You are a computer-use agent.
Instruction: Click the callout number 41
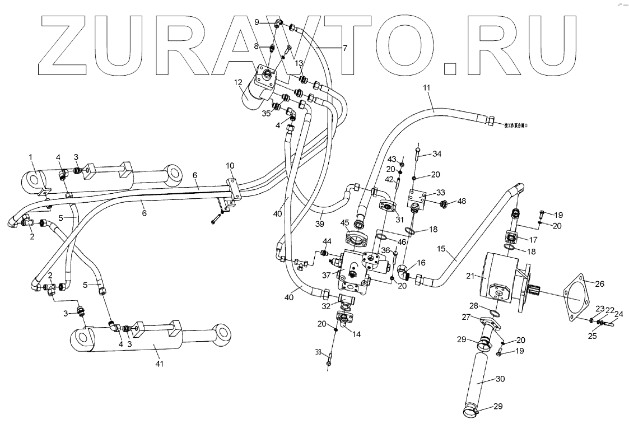(160, 365)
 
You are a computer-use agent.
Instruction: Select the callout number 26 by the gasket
(599, 284)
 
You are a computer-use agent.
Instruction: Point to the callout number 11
(427, 89)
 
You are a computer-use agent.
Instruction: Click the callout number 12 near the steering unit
(239, 83)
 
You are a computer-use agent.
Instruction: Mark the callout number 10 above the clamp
(230, 166)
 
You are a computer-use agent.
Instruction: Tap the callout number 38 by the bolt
(319, 353)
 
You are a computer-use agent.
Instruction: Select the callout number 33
(441, 192)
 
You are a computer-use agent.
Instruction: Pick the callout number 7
(345, 48)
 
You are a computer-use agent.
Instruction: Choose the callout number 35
(267, 113)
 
